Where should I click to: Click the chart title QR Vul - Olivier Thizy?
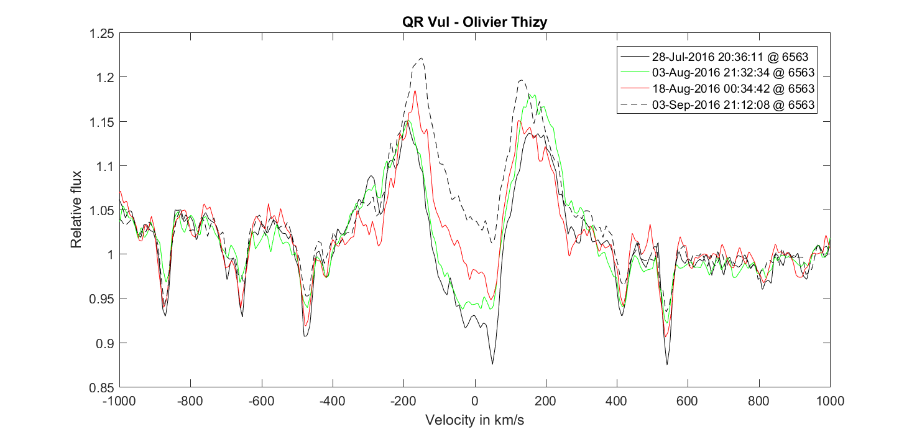474,22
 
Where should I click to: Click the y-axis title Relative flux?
76,210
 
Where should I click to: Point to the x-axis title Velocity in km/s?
474,420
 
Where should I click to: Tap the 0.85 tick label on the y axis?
102,387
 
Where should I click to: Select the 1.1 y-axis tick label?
105,166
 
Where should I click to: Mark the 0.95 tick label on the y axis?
102,299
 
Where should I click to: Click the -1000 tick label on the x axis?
119,401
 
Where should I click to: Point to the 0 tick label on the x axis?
474,401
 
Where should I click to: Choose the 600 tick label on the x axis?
688,401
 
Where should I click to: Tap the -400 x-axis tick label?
332,401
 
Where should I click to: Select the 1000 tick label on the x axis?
830,401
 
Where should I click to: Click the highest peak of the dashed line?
422,58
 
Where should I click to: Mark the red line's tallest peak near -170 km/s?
415,91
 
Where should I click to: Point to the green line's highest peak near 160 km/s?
532,95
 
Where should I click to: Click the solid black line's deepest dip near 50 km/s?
492,364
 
